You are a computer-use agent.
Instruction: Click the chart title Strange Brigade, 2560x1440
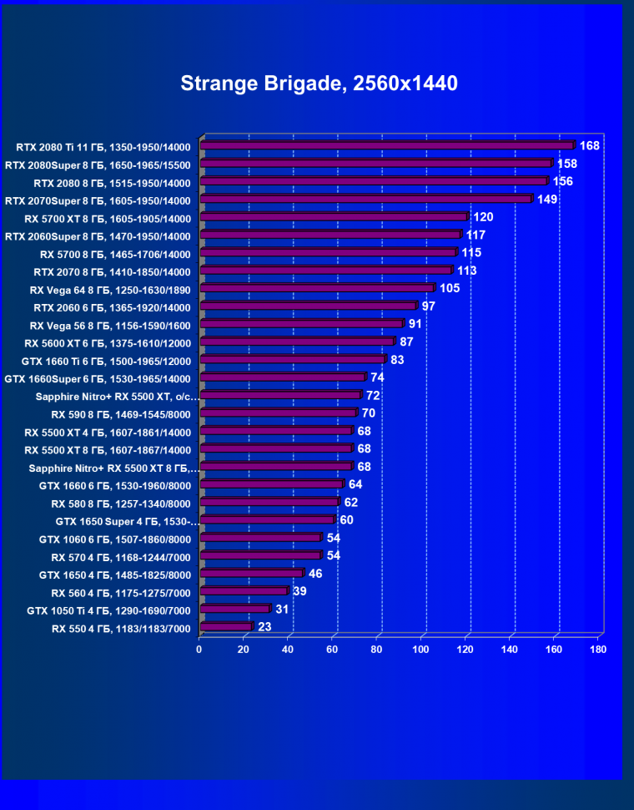(319, 84)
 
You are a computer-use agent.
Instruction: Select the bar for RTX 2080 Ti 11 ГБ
(387, 146)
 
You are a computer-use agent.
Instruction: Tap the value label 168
(590, 146)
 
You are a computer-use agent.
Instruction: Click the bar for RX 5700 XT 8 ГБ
(334, 218)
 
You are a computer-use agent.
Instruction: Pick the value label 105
(450, 288)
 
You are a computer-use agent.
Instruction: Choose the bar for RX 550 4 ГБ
(225, 626)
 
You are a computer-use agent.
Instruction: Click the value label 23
(265, 626)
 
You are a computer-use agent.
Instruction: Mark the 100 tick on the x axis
(420, 650)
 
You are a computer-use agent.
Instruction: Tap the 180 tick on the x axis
(597, 650)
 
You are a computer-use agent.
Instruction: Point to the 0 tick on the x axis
(199, 650)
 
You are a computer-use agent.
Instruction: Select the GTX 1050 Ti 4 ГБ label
(109, 610)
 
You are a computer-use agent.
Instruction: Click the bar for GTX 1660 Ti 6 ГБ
(292, 360)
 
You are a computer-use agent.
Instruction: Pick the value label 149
(547, 200)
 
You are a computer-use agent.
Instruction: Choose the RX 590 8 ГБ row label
(121, 414)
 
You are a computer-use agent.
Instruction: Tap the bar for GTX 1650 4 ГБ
(251, 574)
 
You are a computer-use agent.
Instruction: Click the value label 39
(300, 591)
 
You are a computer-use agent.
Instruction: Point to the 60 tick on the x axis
(332, 650)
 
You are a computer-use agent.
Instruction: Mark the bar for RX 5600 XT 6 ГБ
(296, 342)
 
